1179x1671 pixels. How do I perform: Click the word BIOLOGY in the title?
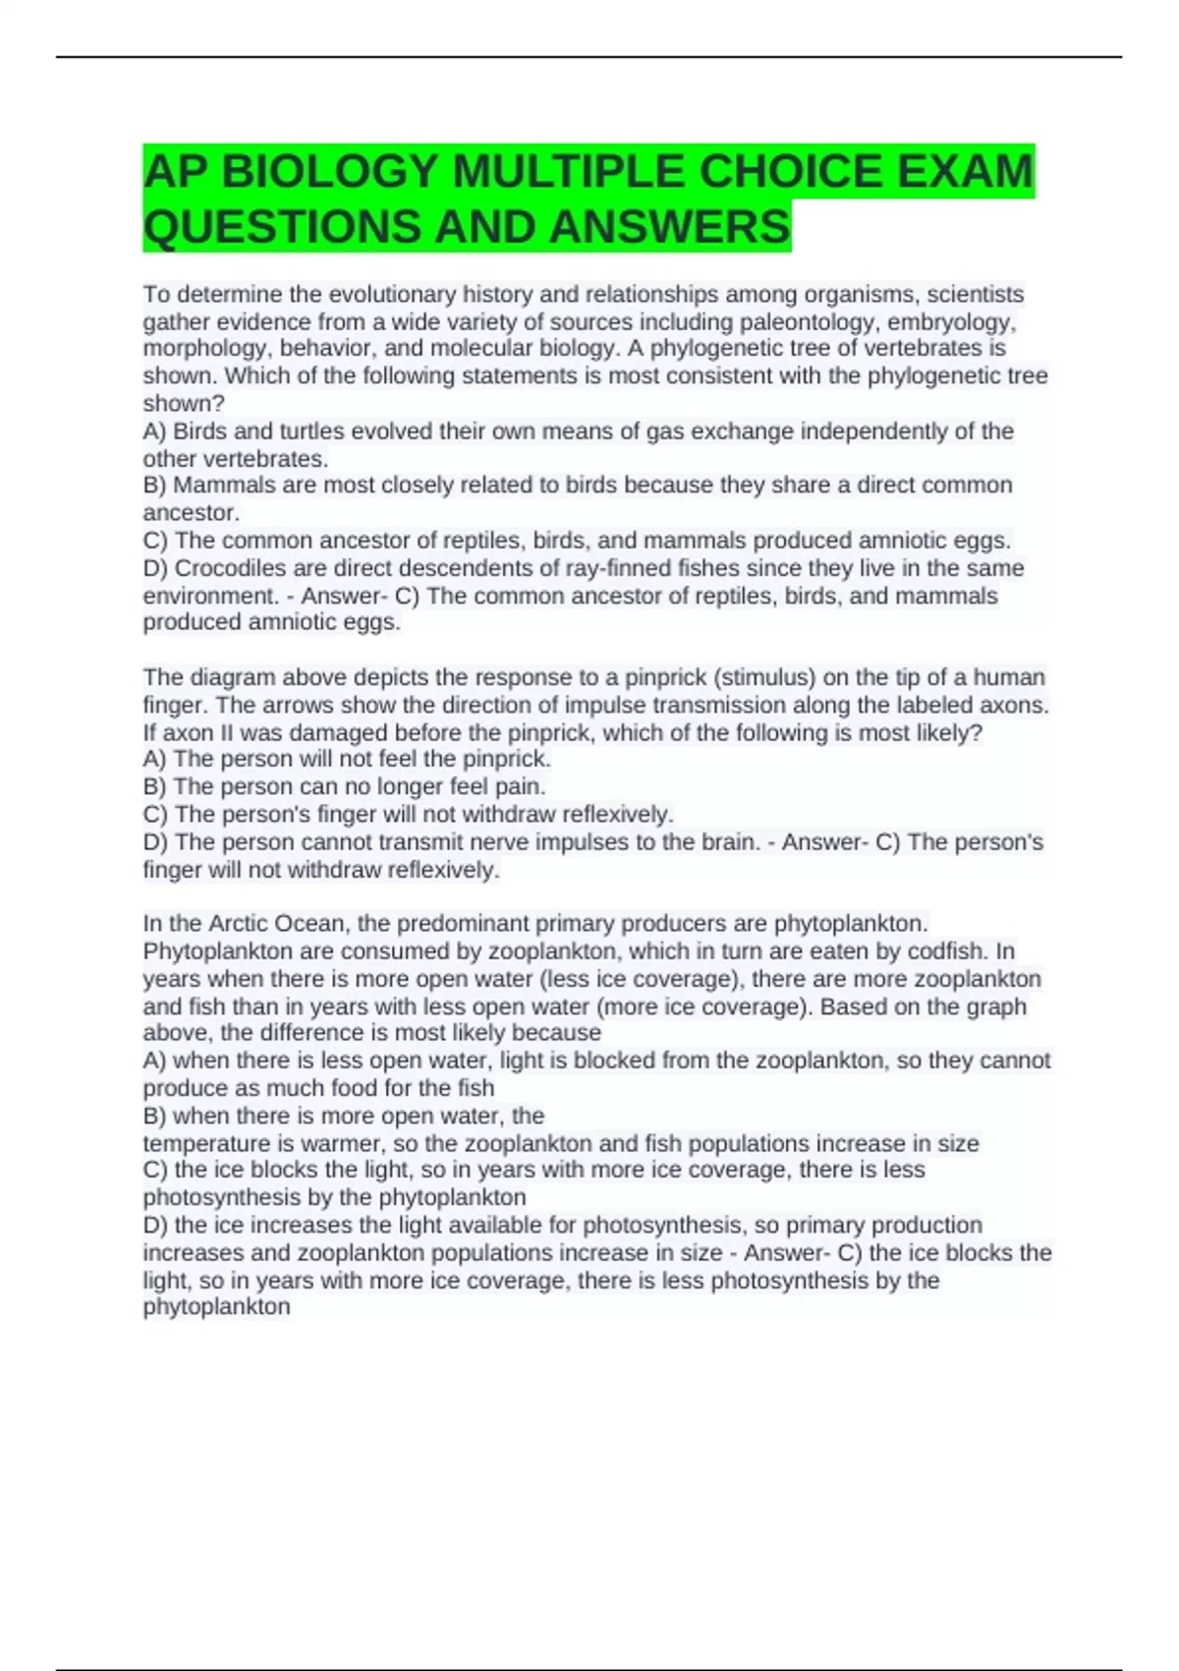coord(329,172)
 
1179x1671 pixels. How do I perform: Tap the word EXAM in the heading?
coord(964,172)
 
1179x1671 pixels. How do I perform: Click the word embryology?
coord(951,322)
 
